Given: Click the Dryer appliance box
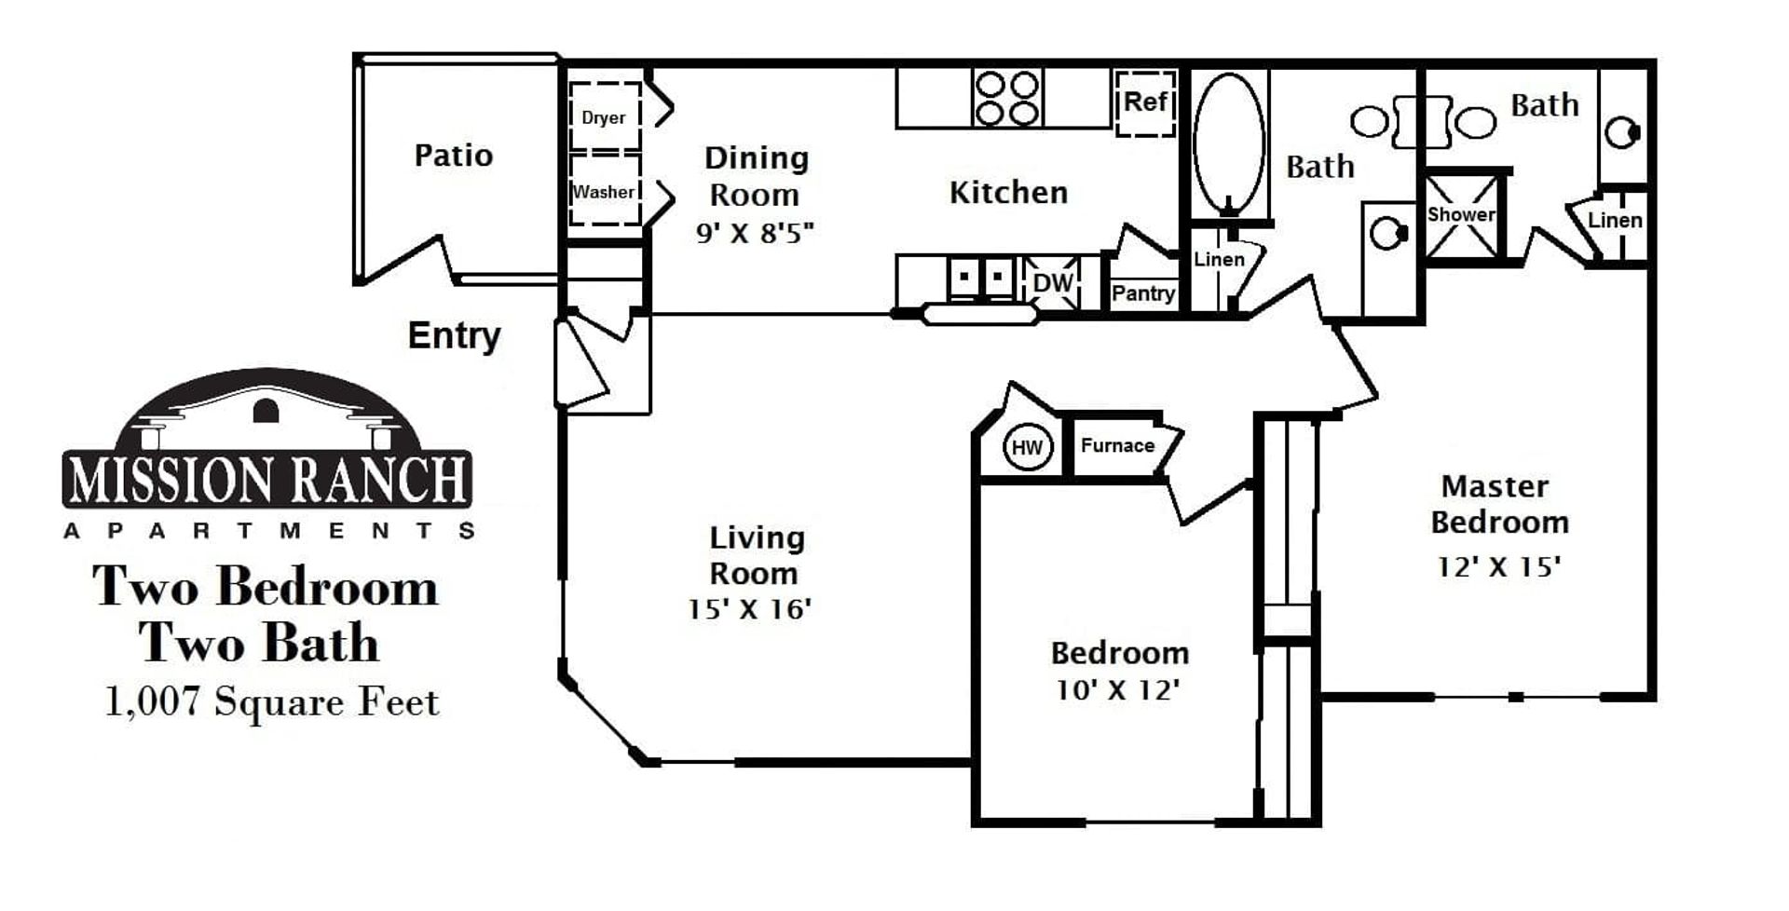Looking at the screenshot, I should pos(604,116).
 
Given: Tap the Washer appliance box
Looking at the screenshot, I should pos(604,191).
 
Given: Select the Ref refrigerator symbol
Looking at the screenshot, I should pos(1145,102).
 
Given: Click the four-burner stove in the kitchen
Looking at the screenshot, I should pos(1007,98).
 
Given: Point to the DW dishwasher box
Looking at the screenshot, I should pos(1053,282).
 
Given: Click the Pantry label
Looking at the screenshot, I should pos(1142,293).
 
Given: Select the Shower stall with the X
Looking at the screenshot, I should pos(1462,216).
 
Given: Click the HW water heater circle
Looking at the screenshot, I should pos(1027,448).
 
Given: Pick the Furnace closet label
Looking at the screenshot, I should pos(1117,445).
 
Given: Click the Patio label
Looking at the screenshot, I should pos(453,155).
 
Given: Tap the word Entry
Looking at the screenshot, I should pos(454,335).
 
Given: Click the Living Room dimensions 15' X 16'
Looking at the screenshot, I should pos(749,609).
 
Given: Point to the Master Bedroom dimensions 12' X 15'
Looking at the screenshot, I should pos(1498,566).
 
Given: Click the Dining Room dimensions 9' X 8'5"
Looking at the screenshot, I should pos(755,232).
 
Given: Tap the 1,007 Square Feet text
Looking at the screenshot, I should pos(271,702).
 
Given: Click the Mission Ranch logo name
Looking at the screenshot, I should pos(267,480).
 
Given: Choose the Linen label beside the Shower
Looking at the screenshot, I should pos(1615,221).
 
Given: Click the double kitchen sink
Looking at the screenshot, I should pos(981,278).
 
